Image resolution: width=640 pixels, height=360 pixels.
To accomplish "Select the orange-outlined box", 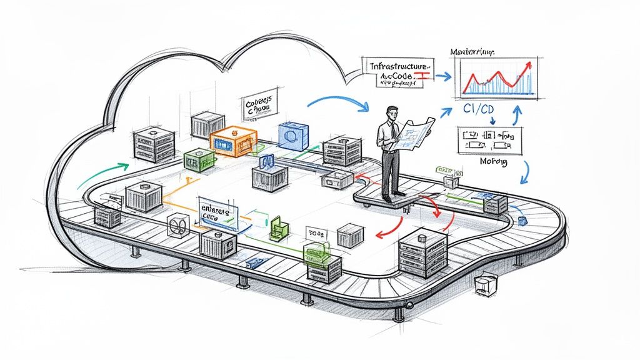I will (232, 142).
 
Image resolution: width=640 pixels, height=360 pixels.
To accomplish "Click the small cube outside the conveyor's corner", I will (484, 284).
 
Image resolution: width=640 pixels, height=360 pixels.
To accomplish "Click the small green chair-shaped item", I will (276, 229).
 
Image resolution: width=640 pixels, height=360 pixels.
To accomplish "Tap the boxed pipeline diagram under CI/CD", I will (489, 141).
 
